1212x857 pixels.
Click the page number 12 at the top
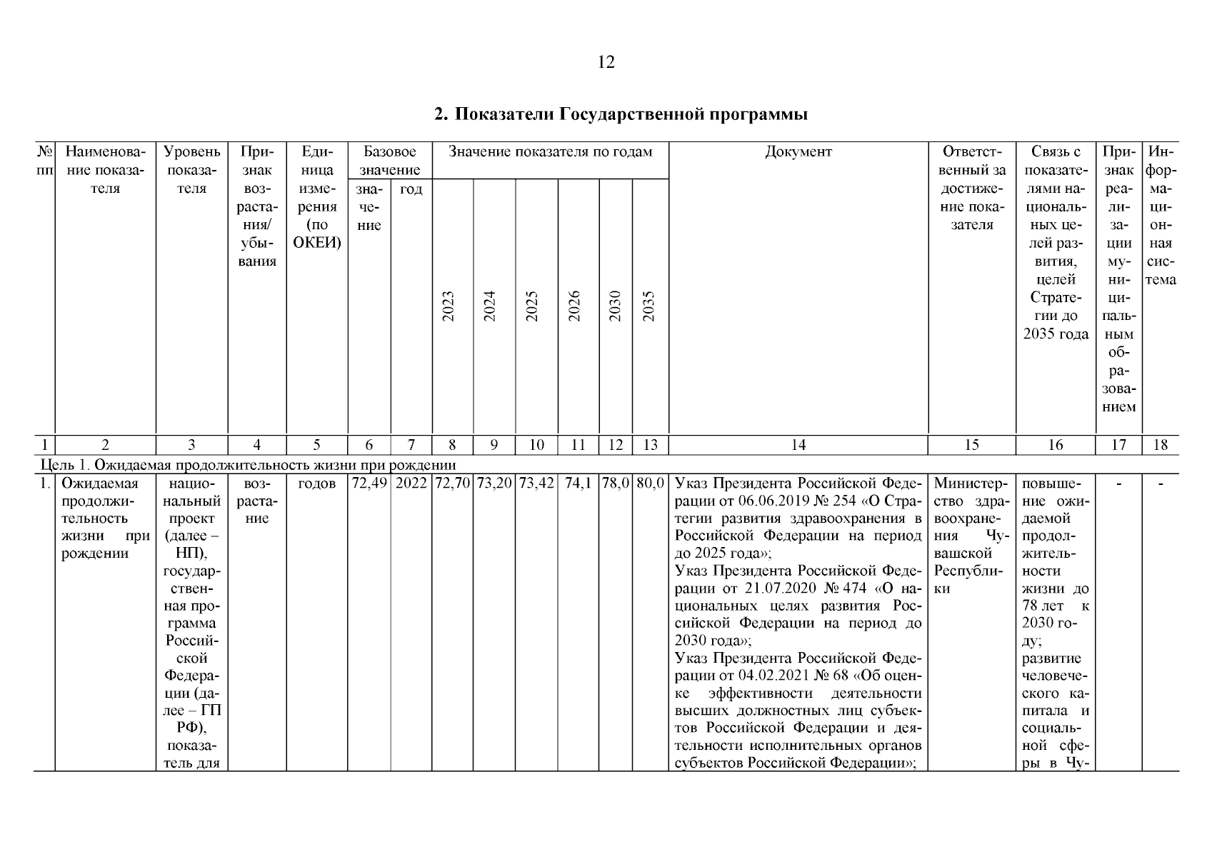[605, 63]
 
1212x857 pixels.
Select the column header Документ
[798, 152]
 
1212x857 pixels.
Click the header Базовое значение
[389, 161]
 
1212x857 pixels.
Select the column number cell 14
[798, 445]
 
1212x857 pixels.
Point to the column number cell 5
[316, 445]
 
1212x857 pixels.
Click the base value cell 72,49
[369, 483]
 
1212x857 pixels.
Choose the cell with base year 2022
[411, 483]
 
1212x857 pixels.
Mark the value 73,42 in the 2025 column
[536, 483]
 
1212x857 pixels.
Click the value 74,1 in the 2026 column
[578, 483]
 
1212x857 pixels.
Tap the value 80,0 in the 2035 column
[650, 483]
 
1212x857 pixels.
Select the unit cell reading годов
[316, 483]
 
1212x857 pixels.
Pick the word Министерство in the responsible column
[970, 483]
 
